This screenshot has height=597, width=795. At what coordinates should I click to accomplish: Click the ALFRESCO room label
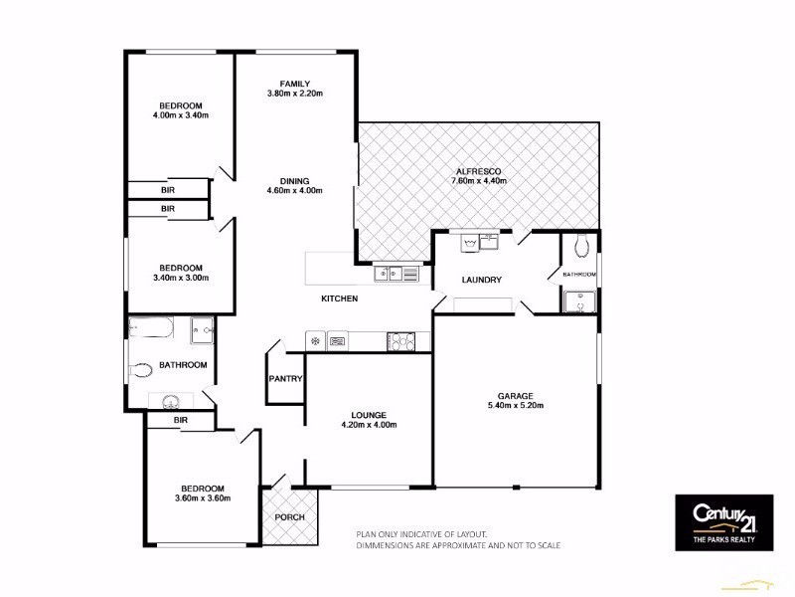click(x=480, y=169)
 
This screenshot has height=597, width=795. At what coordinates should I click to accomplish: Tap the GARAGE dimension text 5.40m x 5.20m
click(x=515, y=405)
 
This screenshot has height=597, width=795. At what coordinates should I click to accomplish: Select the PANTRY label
click(x=285, y=378)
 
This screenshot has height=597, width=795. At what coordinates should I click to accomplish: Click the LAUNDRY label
click(x=482, y=280)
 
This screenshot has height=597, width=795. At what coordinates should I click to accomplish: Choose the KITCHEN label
click(x=339, y=298)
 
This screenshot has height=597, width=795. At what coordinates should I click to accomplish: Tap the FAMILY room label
click(x=295, y=83)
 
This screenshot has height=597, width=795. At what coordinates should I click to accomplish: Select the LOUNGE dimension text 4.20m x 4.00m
click(x=369, y=425)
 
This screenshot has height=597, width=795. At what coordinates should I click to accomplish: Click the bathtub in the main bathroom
click(x=152, y=327)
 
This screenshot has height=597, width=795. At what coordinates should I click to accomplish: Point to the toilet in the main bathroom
click(x=142, y=369)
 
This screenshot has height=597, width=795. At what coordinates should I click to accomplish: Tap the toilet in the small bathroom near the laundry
click(x=582, y=244)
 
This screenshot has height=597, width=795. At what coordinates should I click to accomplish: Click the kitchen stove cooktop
click(x=400, y=341)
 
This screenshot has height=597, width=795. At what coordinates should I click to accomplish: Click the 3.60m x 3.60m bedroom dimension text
click(x=203, y=498)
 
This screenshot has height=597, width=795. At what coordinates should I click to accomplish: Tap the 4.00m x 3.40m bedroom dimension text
click(x=180, y=115)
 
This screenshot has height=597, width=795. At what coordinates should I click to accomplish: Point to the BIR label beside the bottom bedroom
click(x=180, y=421)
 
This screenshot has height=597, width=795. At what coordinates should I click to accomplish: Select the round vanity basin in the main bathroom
click(x=166, y=401)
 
